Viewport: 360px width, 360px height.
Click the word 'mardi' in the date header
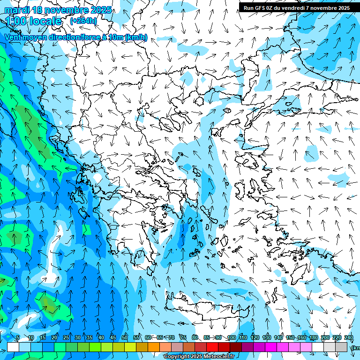(x=16, y=10)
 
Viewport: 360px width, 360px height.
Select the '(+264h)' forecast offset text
(x=83, y=21)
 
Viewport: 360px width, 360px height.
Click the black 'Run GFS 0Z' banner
(x=296, y=7)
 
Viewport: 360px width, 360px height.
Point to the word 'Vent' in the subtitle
(x=14, y=37)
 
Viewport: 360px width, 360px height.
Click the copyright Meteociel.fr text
(x=199, y=357)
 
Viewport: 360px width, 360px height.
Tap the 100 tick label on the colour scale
(x=231, y=337)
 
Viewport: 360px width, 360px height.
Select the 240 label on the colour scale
(x=348, y=337)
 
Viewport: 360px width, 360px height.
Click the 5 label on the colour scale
(x=18, y=337)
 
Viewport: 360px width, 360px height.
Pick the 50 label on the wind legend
(x=125, y=337)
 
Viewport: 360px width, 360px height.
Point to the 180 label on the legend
(x=313, y=337)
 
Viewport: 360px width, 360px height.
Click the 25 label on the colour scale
(x=66, y=337)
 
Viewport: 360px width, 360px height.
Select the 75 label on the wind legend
(x=183, y=337)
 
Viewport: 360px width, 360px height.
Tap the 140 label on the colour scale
(x=278, y=337)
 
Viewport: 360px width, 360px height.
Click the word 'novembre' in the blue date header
(x=65, y=10)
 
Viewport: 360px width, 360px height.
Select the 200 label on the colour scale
(x=325, y=337)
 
